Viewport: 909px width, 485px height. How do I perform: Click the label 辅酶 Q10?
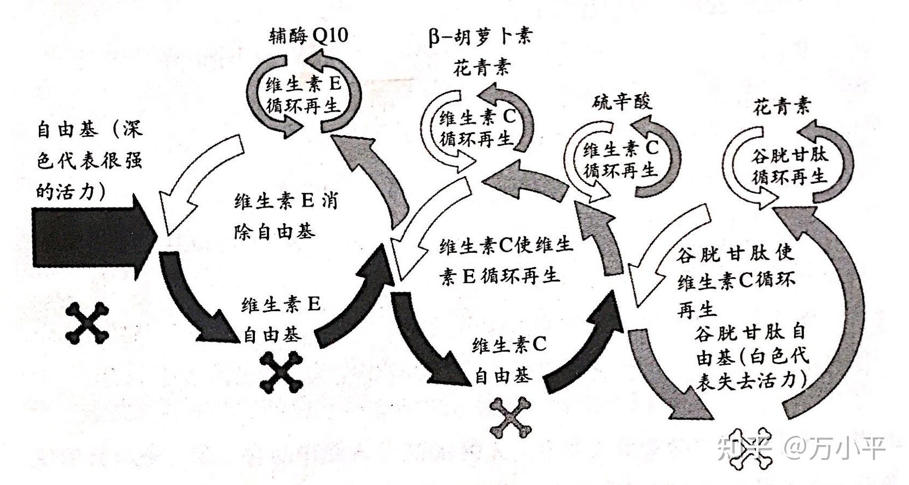[x=308, y=36]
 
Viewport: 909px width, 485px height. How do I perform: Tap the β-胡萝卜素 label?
[x=480, y=37]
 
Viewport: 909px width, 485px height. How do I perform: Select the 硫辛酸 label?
[x=622, y=101]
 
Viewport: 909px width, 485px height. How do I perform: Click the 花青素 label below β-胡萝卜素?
[x=481, y=67]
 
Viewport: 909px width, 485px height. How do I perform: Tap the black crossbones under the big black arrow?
[x=87, y=323]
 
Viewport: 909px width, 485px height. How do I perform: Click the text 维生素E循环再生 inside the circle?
[x=304, y=95]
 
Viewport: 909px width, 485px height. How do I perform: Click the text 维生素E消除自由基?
[x=284, y=216]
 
